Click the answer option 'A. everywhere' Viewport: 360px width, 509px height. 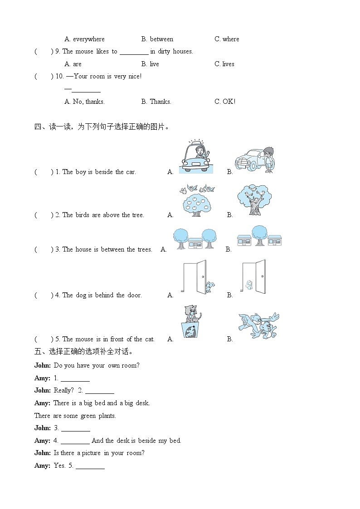point(84,39)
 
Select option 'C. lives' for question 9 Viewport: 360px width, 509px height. point(224,64)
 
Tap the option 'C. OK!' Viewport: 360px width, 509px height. point(224,102)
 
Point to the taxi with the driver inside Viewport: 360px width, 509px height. point(195,157)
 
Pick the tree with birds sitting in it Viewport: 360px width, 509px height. point(254,200)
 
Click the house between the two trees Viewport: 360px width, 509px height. point(195,243)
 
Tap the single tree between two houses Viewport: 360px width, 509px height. point(259,235)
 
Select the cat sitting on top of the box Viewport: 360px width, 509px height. point(192,313)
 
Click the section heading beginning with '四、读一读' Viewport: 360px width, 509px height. point(102,127)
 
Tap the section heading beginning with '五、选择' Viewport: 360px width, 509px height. point(83,352)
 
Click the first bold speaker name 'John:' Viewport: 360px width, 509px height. point(43,366)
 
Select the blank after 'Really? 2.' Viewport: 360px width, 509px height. point(99,391)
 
